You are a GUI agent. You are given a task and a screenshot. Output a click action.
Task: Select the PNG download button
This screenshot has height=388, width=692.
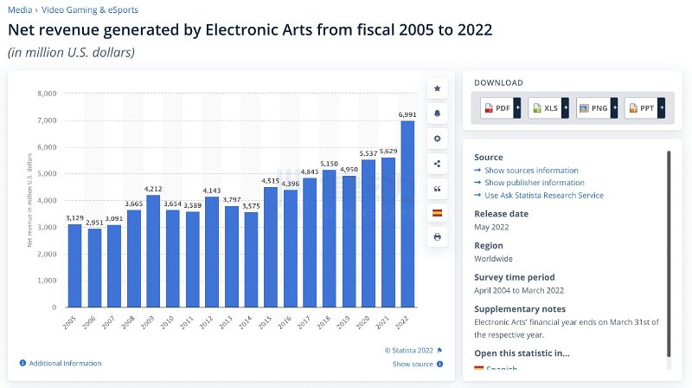coord(596,108)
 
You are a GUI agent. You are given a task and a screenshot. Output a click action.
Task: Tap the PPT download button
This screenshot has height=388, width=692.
coord(644,108)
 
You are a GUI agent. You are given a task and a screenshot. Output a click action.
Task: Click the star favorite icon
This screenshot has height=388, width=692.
coord(437,88)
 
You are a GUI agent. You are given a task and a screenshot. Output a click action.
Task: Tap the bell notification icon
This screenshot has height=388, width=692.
coord(437,113)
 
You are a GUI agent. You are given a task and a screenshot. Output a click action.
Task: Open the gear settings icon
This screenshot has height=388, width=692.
coord(437,139)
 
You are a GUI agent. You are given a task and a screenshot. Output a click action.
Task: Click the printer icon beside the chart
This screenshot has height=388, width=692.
coord(437,236)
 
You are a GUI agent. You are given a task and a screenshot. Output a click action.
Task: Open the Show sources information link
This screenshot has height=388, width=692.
coord(531,171)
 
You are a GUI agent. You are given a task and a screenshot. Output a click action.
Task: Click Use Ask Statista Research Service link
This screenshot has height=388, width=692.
coord(544,195)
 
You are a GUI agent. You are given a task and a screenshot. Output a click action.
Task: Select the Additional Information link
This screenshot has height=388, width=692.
coord(65,363)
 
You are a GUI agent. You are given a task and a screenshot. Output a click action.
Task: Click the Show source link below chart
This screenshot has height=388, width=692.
coord(413,364)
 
